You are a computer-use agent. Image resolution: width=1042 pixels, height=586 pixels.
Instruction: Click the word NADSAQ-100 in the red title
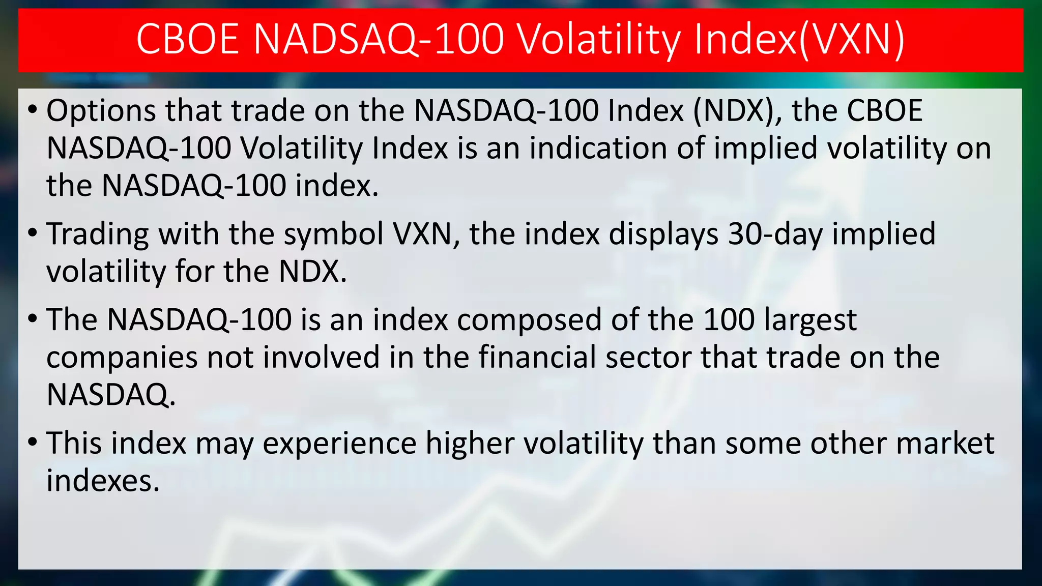tap(378, 40)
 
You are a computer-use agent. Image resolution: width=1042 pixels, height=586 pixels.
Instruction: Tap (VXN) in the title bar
tap(852, 40)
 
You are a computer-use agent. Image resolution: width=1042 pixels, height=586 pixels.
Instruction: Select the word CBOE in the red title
tap(188, 40)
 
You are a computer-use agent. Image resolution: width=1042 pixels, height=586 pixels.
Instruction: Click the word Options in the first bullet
tap(101, 111)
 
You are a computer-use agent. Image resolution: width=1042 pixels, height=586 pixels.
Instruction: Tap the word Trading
tap(98, 235)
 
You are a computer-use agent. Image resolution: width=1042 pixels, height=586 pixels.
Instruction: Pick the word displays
tap(664, 235)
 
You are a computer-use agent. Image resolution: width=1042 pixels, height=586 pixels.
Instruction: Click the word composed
tap(529, 320)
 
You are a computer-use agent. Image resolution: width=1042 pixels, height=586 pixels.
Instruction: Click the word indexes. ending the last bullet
tap(103, 481)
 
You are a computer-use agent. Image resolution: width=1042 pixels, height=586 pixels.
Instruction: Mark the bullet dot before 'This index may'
tap(33, 443)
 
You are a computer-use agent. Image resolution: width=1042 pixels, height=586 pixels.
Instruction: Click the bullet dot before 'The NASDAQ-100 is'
tap(33, 319)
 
